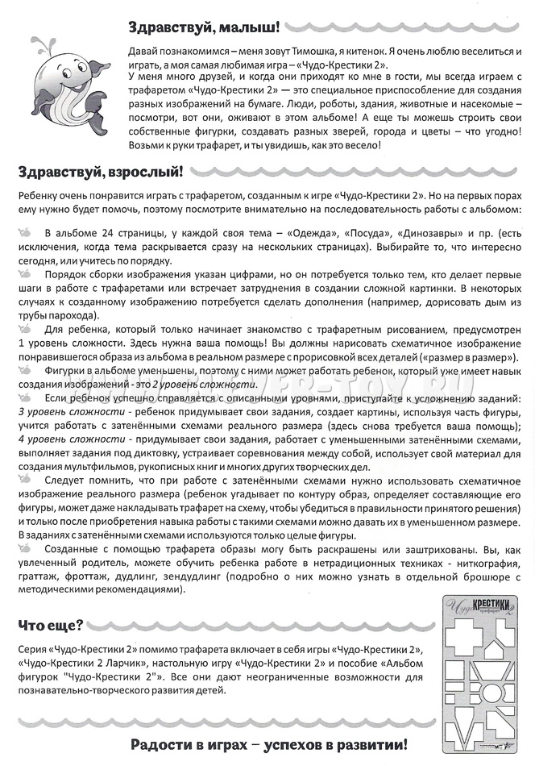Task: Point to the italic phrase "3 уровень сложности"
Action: (x=68, y=412)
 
